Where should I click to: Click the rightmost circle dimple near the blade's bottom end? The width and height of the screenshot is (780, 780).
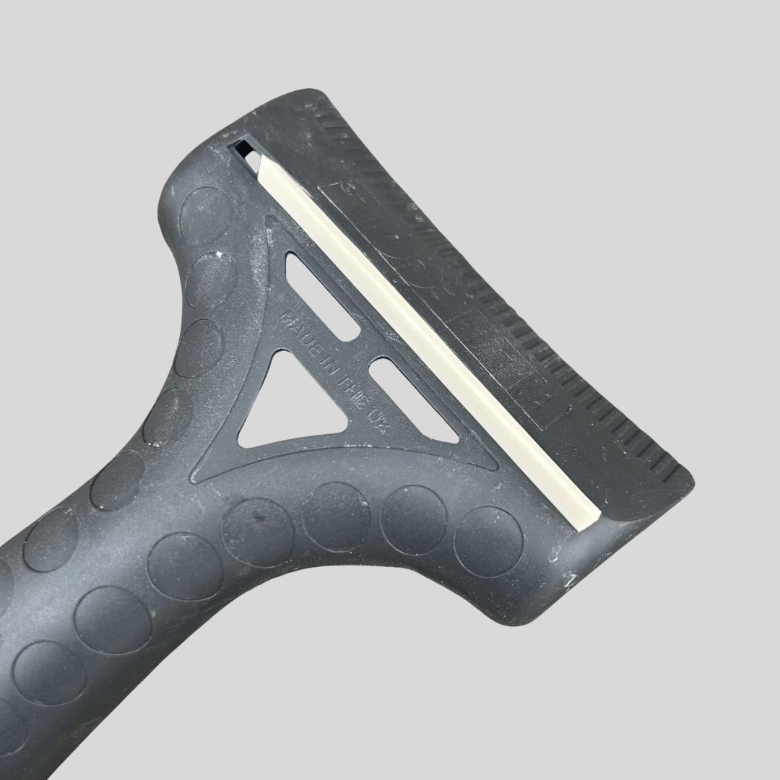(x=488, y=542)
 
